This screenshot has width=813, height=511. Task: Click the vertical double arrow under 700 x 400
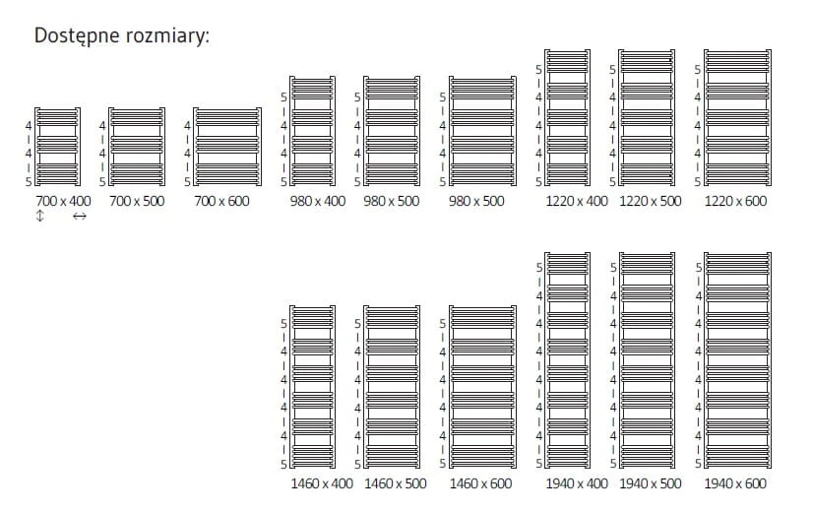(x=40, y=216)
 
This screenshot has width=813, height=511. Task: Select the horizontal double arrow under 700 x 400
(x=80, y=216)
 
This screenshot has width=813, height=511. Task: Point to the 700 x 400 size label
(x=63, y=201)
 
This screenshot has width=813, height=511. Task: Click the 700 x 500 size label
(x=137, y=201)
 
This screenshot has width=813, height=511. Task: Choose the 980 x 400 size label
(x=318, y=201)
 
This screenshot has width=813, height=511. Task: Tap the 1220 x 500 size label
(x=651, y=201)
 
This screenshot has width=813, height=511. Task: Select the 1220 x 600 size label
(x=735, y=201)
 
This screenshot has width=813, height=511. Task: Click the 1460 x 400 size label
(x=322, y=483)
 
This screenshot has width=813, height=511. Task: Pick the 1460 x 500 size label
(x=396, y=483)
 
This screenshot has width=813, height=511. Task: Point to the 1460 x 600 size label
(x=480, y=483)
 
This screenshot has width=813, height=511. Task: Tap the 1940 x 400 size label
(x=577, y=483)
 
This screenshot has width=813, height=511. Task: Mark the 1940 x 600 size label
(x=735, y=483)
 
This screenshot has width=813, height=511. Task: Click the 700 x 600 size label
(x=221, y=201)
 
